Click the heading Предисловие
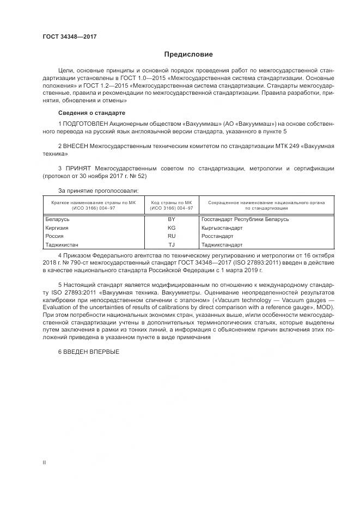[188, 54]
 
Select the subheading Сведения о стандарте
[91, 113]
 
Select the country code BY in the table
[172, 219]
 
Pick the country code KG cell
[172, 228]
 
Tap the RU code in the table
[172, 236]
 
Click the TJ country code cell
[172, 245]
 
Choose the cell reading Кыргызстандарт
[222, 228]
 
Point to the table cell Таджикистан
[62, 245]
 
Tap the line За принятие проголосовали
[98, 191]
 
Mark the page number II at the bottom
[44, 462]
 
